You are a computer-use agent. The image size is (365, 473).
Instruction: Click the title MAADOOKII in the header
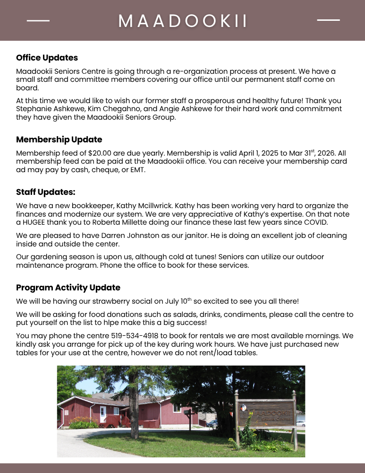click(x=183, y=21)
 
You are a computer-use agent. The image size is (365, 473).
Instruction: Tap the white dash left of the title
click(x=38, y=21)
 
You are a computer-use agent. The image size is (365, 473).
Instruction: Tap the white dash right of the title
click(x=328, y=20)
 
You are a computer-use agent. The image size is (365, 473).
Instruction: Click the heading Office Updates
click(x=47, y=58)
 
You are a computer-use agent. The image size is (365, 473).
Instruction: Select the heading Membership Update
click(x=59, y=140)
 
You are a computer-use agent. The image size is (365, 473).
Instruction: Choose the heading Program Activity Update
click(x=68, y=288)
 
